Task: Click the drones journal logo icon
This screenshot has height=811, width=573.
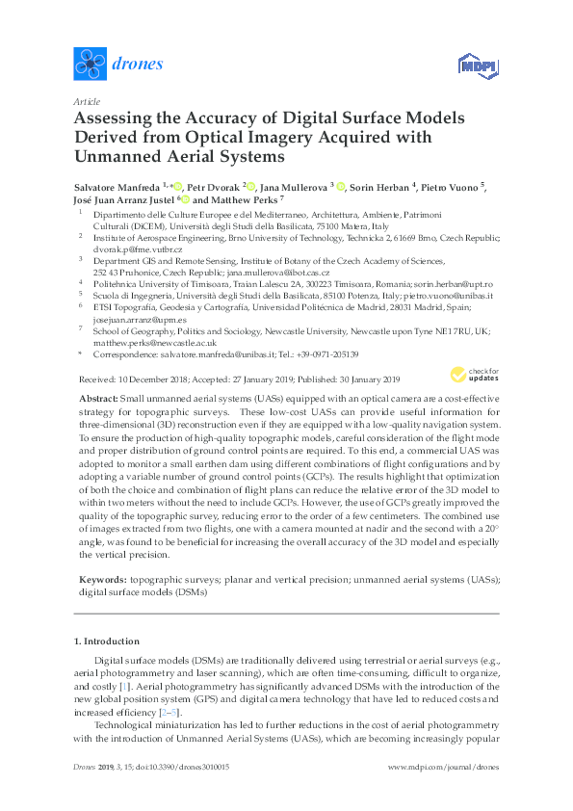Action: point(90,65)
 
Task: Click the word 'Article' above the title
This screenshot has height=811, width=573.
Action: point(86,101)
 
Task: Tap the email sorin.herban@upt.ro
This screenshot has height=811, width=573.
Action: point(453,284)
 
